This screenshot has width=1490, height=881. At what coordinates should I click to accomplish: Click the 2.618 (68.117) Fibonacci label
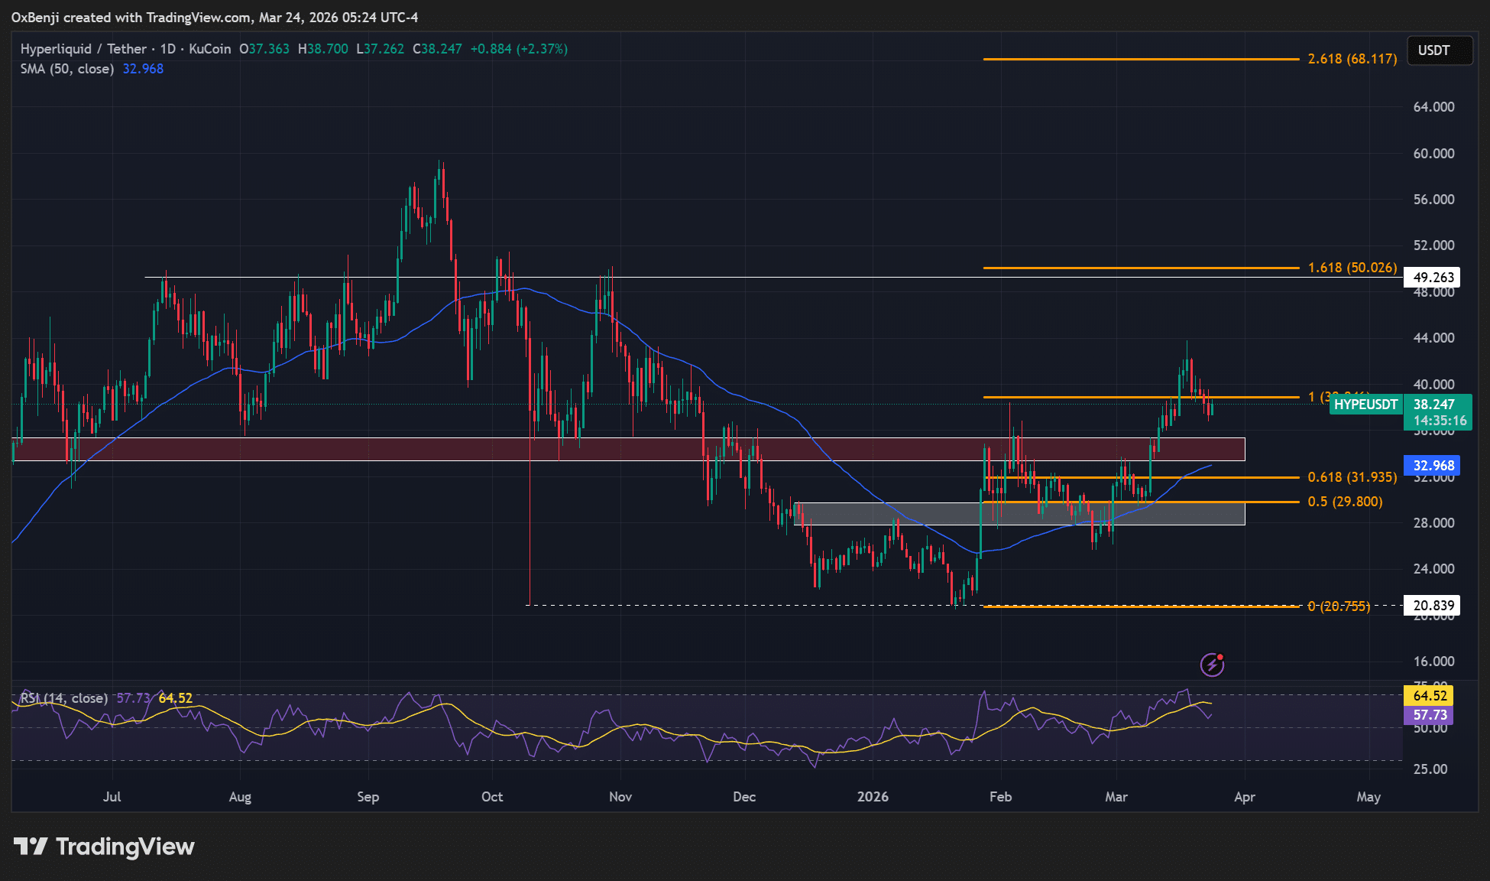[1352, 59]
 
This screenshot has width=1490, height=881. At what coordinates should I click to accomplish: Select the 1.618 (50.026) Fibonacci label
[1352, 268]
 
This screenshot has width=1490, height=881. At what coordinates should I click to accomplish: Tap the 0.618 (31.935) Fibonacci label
[1352, 477]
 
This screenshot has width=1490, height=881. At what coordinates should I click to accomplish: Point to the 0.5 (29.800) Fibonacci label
[1345, 502]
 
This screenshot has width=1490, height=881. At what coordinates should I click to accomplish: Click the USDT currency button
[1433, 50]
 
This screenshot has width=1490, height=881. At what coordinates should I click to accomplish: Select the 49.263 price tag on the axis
[1433, 277]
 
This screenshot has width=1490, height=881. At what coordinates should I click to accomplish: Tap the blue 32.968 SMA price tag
[1433, 466]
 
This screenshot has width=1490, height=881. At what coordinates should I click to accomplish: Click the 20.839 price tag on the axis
[1433, 606]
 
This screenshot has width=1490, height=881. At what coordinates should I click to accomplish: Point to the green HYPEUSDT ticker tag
[1365, 405]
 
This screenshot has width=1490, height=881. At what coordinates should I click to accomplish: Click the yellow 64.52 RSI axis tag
[1430, 696]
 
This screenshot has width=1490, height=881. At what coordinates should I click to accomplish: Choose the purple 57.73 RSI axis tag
[1430, 715]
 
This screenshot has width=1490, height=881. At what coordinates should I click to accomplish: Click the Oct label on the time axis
[492, 797]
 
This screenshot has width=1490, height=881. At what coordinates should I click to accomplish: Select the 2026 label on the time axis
[873, 797]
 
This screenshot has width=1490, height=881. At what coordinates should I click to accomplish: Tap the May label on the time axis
[1369, 797]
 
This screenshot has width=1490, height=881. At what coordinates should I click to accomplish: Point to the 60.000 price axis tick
[1433, 154]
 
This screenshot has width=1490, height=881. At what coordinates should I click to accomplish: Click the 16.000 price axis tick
[1433, 662]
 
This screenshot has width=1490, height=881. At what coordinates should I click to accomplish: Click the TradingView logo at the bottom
[105, 847]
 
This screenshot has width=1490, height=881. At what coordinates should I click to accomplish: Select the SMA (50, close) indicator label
[67, 69]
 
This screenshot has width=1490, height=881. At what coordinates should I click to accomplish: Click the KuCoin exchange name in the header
[209, 49]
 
